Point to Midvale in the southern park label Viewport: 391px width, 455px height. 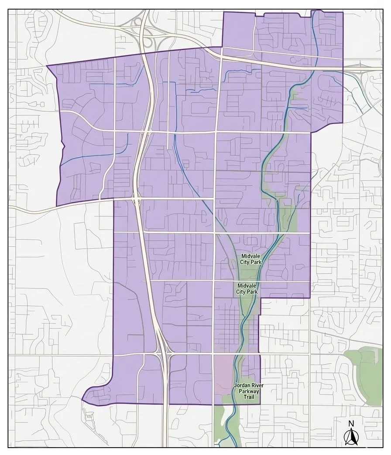click(247, 286)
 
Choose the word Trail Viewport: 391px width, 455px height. click(247, 397)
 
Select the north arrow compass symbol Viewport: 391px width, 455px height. click(351, 436)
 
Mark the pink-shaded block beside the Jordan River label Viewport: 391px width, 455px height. click(225, 371)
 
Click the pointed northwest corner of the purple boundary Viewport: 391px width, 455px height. click(47, 66)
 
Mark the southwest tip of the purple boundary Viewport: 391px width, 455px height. click(82, 400)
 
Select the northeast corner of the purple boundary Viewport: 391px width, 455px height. click(343, 12)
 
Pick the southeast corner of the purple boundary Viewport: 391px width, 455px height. click(260, 404)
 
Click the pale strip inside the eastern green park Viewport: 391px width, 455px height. click(376, 356)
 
